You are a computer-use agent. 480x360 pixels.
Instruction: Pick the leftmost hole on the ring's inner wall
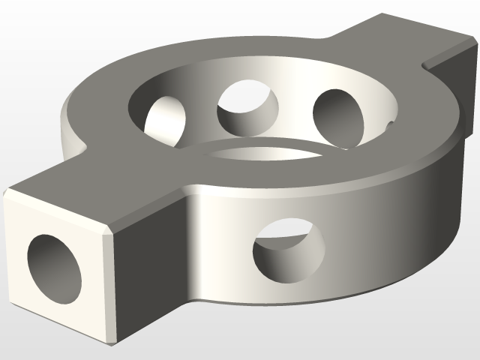tap(166, 121)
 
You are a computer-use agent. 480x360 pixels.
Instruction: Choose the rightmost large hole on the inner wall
tap(341, 118)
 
